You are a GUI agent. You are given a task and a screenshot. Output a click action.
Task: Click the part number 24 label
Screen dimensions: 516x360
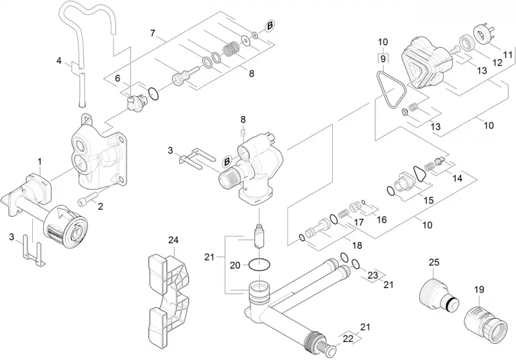click(174, 241)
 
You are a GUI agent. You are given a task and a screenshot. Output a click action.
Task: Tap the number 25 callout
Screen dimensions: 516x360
click(433, 263)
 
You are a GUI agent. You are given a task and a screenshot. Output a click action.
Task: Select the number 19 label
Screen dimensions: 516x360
click(479, 290)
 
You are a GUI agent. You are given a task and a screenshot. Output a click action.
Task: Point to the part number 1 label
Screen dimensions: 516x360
click(40, 162)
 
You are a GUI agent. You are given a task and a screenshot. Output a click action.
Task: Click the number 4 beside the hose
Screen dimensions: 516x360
click(59, 61)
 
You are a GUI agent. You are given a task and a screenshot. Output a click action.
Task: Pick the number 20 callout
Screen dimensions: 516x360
click(235, 265)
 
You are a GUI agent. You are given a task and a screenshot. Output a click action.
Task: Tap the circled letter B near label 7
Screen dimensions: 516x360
click(270, 26)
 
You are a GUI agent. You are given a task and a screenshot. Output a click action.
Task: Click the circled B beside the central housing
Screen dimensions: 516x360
click(227, 162)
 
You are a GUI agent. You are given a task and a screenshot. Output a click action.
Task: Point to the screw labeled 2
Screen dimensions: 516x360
click(87, 199)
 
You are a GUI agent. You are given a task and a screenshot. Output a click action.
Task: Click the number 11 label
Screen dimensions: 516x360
click(508, 54)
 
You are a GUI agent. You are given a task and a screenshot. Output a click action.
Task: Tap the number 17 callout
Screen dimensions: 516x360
click(359, 222)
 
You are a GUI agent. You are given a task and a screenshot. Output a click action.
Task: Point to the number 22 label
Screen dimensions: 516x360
click(348, 339)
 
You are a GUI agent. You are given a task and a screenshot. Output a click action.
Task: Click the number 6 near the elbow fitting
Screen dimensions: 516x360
click(117, 78)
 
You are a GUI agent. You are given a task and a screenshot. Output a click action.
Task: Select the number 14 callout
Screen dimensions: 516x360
click(457, 178)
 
